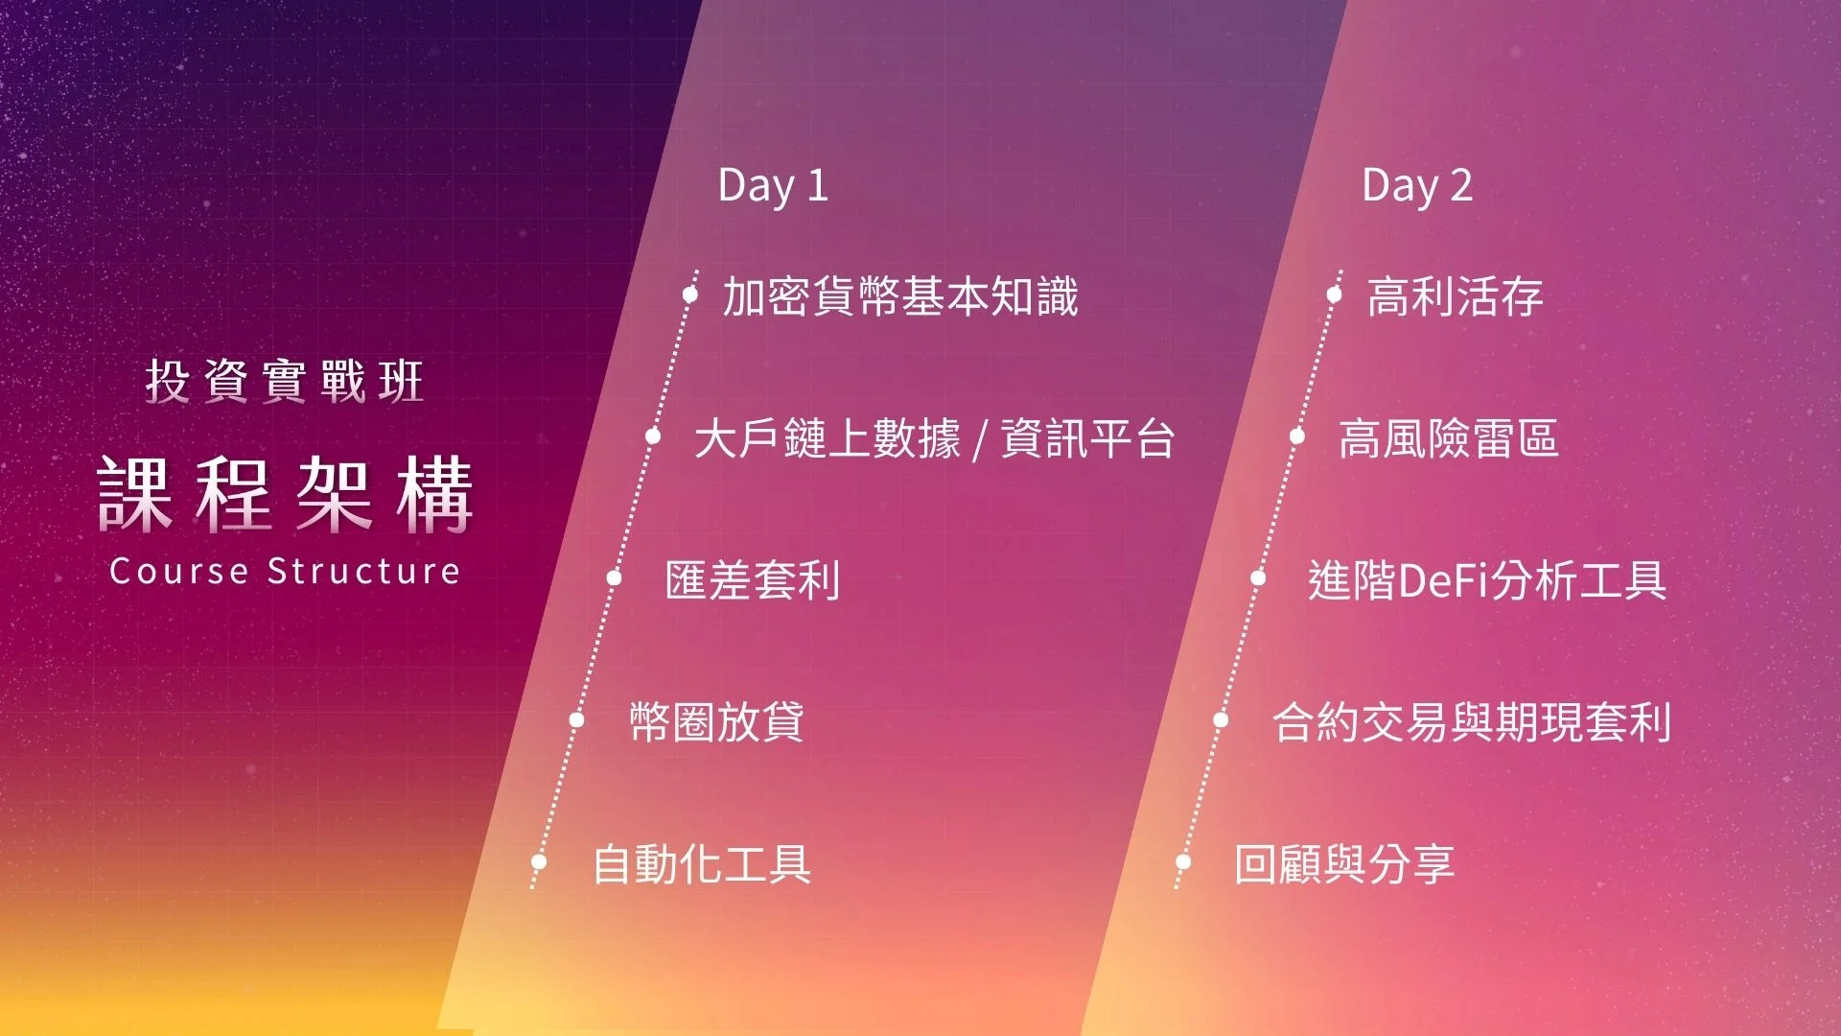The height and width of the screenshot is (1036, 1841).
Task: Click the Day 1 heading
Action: (x=773, y=185)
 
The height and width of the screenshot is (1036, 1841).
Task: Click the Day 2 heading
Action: (x=1417, y=185)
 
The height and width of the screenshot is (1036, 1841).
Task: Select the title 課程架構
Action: (x=286, y=494)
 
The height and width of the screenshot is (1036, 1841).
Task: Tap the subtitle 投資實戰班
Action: (x=285, y=381)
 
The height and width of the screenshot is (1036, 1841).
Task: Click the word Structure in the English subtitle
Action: (x=364, y=571)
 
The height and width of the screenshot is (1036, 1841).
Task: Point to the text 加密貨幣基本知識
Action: (x=900, y=295)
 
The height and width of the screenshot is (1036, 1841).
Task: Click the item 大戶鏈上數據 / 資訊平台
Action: (x=935, y=438)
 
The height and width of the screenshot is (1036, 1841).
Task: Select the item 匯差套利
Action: (x=753, y=580)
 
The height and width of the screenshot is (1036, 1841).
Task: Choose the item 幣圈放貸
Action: (x=716, y=721)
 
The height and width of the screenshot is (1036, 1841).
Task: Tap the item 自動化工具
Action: (x=702, y=863)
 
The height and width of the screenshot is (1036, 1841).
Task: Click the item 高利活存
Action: (x=1456, y=295)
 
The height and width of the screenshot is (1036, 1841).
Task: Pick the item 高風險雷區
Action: (x=1448, y=438)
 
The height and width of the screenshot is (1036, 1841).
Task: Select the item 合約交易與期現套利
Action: (x=1472, y=721)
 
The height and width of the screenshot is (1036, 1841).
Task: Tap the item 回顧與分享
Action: (x=1344, y=863)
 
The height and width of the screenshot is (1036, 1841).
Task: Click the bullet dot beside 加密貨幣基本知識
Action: (x=689, y=294)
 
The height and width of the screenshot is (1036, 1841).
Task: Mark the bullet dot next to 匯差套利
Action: (x=615, y=577)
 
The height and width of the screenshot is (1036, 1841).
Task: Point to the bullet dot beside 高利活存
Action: (x=1334, y=294)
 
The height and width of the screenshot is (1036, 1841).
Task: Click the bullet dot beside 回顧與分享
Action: (x=1183, y=861)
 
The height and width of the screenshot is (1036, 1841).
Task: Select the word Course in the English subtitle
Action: (x=179, y=571)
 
